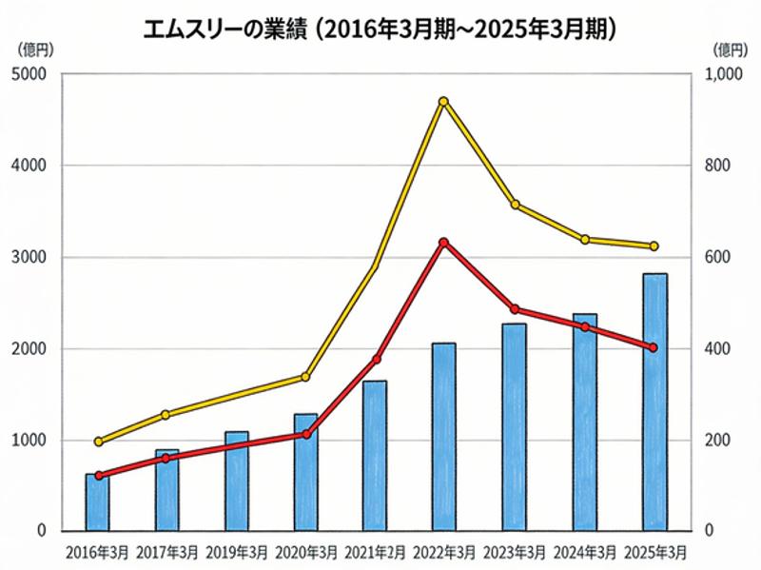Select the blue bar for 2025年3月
(654, 402)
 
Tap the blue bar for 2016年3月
(97, 502)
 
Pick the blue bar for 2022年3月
(444, 437)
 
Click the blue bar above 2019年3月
(236, 482)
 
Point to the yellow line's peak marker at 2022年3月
(443, 102)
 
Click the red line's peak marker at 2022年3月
(443, 243)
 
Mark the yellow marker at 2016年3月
(98, 442)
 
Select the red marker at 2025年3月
(654, 348)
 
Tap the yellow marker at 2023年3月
(515, 205)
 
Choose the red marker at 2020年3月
(306, 435)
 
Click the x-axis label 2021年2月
(376, 552)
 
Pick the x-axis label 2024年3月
(585, 552)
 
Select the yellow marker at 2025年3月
(654, 246)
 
